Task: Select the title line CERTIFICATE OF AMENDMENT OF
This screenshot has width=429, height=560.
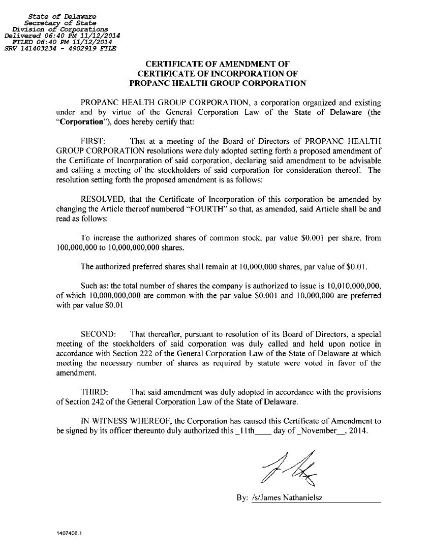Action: [218, 64]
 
